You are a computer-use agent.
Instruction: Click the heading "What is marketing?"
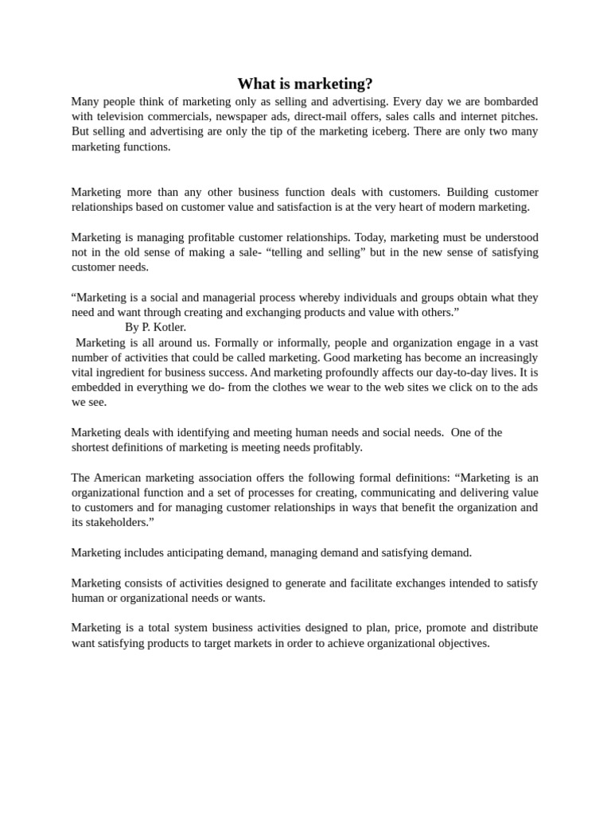point(305,84)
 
